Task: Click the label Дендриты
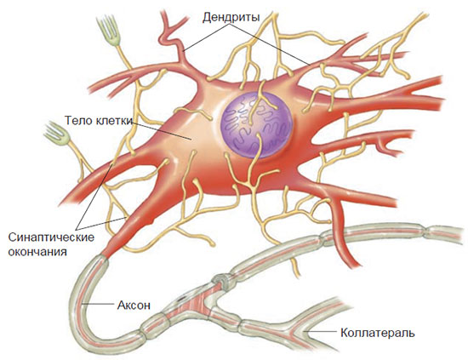click(231, 17)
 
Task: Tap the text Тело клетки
click(99, 121)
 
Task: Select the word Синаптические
click(51, 237)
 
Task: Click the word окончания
click(37, 252)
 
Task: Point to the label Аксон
click(134, 305)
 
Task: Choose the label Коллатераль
click(378, 333)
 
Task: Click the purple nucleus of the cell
click(257, 125)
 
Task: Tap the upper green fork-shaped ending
click(110, 31)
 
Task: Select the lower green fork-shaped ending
click(58, 133)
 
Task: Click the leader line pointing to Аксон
click(98, 305)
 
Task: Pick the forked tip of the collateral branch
click(301, 330)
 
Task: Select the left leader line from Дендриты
click(207, 38)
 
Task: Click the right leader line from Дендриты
click(270, 45)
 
